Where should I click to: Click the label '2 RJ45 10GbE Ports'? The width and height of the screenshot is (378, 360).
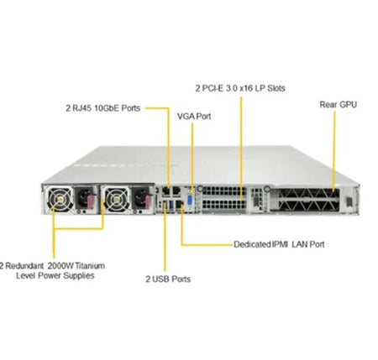click(x=103, y=108)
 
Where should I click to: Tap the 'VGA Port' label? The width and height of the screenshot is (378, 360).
click(x=194, y=117)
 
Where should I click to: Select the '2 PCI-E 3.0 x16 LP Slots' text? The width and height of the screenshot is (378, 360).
click(x=240, y=88)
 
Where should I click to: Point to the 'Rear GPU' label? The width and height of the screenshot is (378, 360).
click(x=339, y=105)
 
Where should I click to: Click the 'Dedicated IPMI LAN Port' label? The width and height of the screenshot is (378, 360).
click(x=279, y=244)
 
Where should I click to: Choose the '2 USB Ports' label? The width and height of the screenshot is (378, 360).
click(x=168, y=279)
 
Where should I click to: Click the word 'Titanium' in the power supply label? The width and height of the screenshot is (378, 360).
click(x=90, y=265)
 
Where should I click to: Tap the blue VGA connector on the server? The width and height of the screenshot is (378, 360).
click(x=190, y=201)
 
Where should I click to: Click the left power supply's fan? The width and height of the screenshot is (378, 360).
click(x=60, y=199)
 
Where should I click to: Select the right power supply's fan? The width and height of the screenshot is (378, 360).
click(x=115, y=199)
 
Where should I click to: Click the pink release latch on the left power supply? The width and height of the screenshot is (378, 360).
click(x=91, y=202)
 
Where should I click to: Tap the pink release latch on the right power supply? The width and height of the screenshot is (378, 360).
click(x=148, y=202)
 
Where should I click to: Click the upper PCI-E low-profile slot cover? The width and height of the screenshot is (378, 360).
click(x=223, y=191)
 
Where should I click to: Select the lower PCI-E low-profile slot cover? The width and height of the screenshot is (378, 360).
click(x=223, y=204)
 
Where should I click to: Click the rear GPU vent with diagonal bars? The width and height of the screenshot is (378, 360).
click(x=308, y=200)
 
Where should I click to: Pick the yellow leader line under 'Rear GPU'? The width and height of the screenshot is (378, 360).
click(x=333, y=151)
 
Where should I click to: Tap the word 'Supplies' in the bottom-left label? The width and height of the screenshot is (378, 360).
click(x=79, y=276)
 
